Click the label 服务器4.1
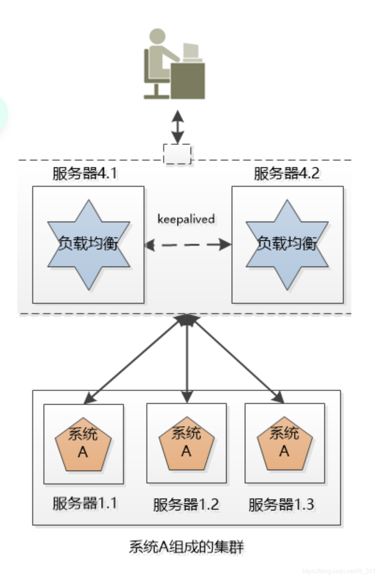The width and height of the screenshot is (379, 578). (x=85, y=173)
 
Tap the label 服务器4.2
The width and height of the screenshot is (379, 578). (x=286, y=173)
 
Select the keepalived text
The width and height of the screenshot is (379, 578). (x=186, y=219)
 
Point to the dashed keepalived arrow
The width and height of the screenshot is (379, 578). (x=188, y=245)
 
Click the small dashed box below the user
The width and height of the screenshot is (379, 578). (x=177, y=154)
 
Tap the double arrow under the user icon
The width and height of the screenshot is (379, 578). (x=178, y=127)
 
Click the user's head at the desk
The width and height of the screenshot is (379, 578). (x=157, y=36)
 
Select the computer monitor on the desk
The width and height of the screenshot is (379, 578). (x=191, y=51)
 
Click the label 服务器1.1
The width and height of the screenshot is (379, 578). (x=85, y=503)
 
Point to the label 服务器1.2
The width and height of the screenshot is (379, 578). (x=186, y=505)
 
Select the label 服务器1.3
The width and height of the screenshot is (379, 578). (x=281, y=505)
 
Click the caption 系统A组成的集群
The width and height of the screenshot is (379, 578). (x=187, y=547)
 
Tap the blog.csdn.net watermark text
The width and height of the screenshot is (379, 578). (x=339, y=571)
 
